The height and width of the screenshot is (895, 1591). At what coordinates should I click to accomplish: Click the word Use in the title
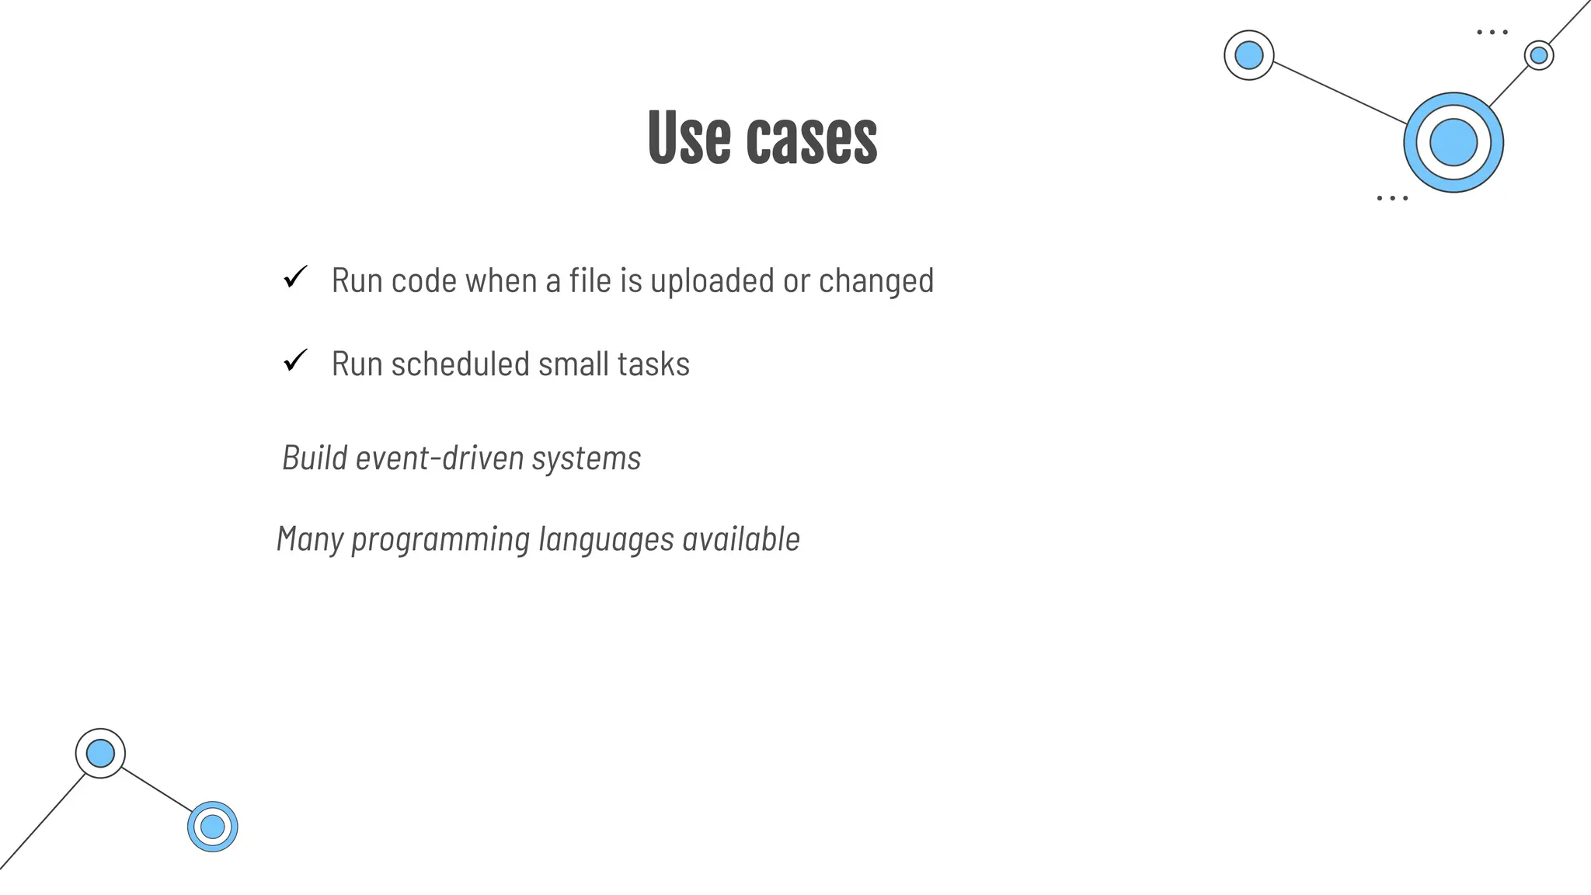tap(688, 138)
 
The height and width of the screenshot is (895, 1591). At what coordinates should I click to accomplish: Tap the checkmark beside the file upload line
tap(295, 277)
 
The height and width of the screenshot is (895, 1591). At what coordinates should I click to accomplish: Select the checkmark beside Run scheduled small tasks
tap(295, 360)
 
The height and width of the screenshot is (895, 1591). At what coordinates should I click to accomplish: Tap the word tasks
tap(653, 364)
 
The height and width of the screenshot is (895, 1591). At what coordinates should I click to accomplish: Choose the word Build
tap(315, 458)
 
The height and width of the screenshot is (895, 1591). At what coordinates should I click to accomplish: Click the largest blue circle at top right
tap(1453, 142)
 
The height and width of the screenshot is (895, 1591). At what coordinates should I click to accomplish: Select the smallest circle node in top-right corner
tap(1538, 55)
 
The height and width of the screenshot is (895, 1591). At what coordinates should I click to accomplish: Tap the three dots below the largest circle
tap(1391, 198)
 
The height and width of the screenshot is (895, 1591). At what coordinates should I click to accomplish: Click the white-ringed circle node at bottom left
tap(100, 753)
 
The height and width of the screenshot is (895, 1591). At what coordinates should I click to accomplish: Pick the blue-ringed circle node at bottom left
tap(212, 827)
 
